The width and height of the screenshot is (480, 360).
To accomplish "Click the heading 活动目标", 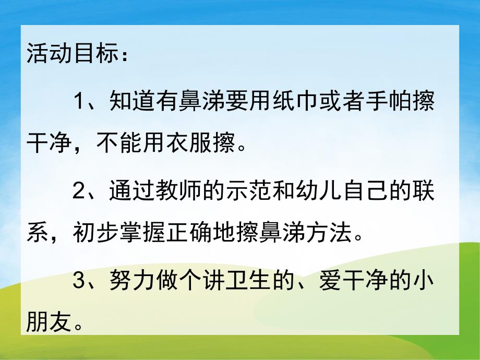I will (x=73, y=55).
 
